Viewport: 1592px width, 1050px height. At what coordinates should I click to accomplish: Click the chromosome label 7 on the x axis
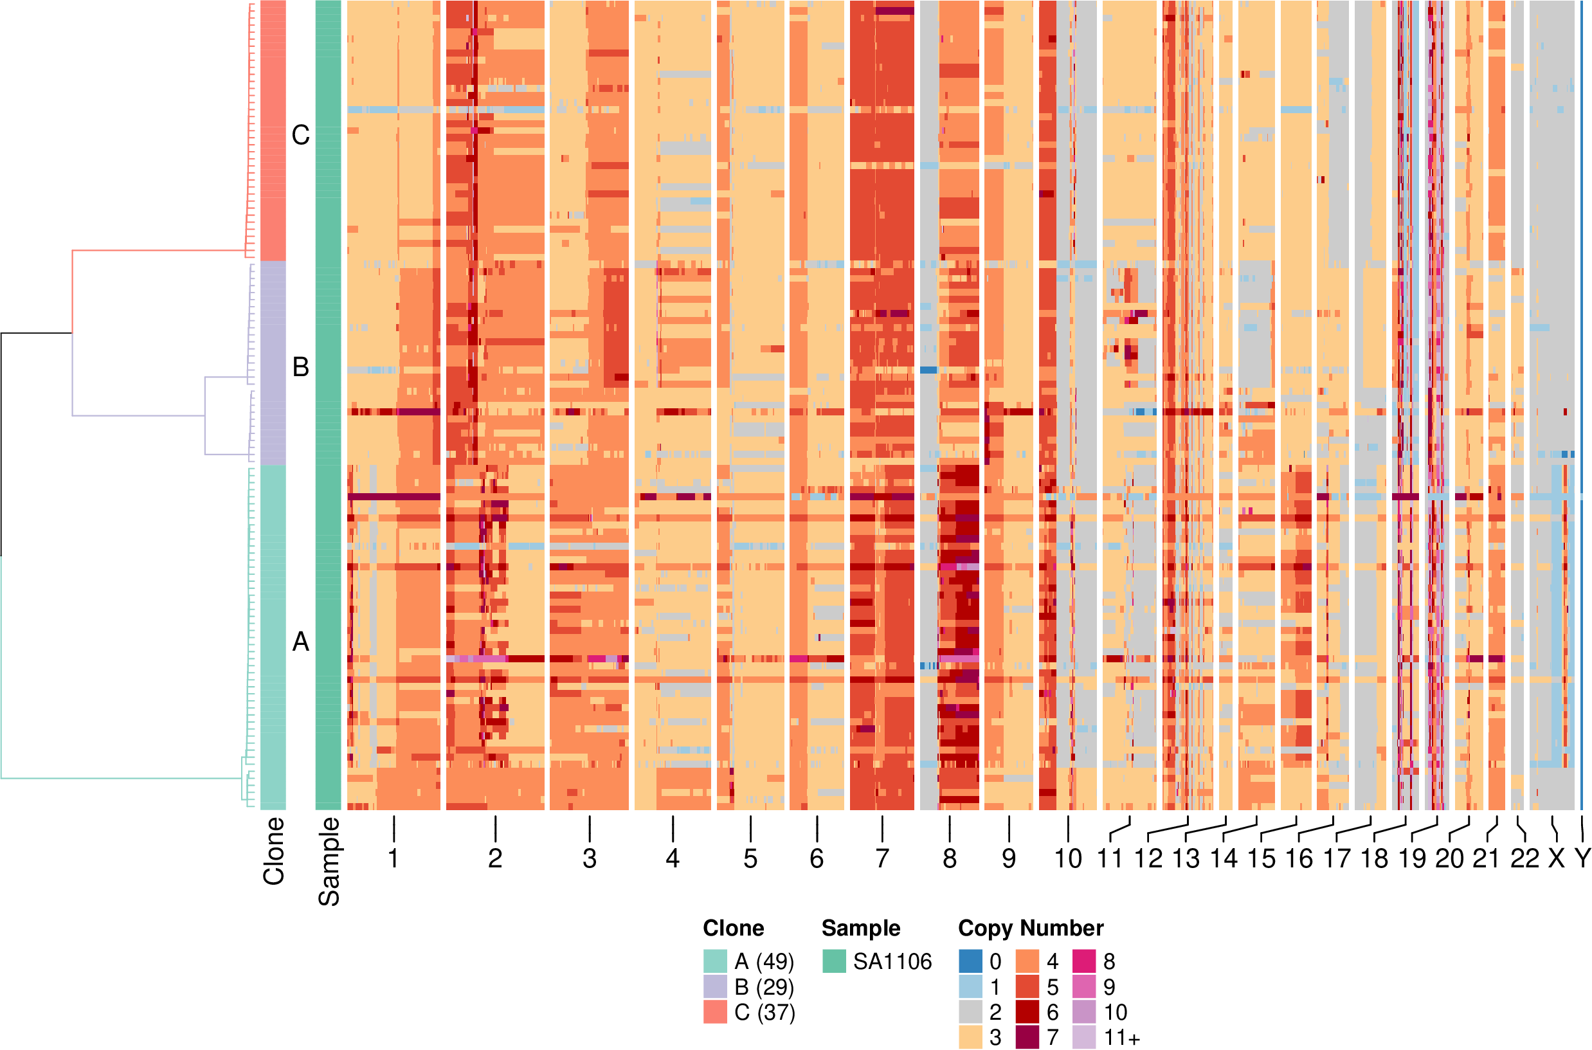coord(882,858)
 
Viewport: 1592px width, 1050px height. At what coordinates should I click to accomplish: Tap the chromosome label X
coord(1557,858)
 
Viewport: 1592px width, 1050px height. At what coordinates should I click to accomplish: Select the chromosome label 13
coord(1186,858)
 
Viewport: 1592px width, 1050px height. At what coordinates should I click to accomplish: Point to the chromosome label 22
coord(1524,858)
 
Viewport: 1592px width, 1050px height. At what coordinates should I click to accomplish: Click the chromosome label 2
coord(494,858)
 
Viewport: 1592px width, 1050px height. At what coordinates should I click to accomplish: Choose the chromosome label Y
coord(1582,858)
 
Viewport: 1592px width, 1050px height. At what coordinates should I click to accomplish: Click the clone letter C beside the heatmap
coord(301,135)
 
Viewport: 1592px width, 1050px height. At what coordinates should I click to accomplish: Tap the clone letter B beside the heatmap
coord(301,367)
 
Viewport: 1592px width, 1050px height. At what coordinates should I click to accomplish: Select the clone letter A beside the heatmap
coord(301,642)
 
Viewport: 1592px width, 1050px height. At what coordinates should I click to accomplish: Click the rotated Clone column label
coord(274,851)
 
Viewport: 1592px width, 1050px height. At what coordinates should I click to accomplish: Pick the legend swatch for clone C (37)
coord(715,1013)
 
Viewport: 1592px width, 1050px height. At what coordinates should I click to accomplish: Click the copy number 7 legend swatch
coord(1027,1037)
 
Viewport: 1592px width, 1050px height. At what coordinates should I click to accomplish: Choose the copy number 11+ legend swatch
coord(1084,1037)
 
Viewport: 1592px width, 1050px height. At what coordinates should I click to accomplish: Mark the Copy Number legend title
coord(1030,928)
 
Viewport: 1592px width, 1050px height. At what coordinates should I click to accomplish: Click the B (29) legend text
coord(764,987)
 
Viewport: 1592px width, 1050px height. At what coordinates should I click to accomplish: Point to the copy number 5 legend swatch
coord(1027,987)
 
